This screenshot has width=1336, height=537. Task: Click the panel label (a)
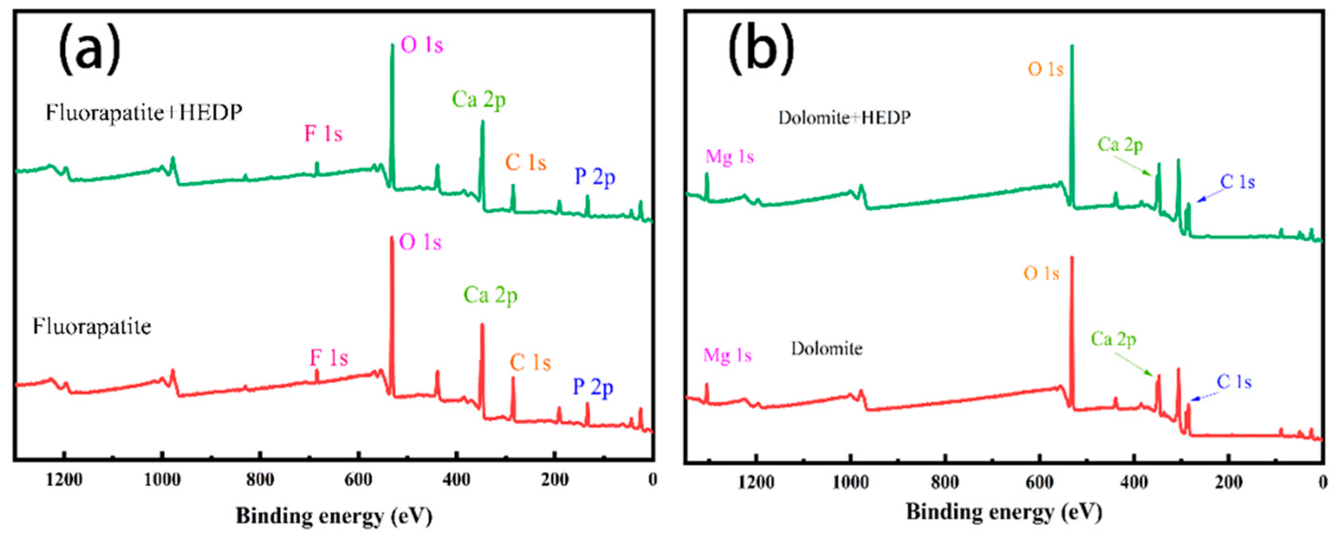tap(90, 47)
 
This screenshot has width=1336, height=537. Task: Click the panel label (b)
tap(761, 47)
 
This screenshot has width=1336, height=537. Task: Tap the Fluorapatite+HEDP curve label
tap(144, 113)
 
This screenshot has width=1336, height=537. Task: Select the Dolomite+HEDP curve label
tap(844, 118)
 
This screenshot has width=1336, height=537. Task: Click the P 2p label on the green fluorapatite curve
tap(595, 177)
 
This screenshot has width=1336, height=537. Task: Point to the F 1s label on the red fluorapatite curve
tap(329, 358)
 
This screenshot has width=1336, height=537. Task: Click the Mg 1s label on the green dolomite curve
tap(729, 157)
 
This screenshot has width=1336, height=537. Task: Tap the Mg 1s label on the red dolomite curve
tap(727, 355)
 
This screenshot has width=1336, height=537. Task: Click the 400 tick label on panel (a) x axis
tap(456, 480)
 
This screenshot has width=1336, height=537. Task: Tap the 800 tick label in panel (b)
tap(944, 483)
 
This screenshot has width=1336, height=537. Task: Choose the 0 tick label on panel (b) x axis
tap(1322, 483)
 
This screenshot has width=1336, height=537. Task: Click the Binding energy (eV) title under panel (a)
tap(334, 516)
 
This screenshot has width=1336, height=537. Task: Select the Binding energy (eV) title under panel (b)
tap(1004, 513)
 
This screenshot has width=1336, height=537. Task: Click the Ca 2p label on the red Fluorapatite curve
tap(490, 295)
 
